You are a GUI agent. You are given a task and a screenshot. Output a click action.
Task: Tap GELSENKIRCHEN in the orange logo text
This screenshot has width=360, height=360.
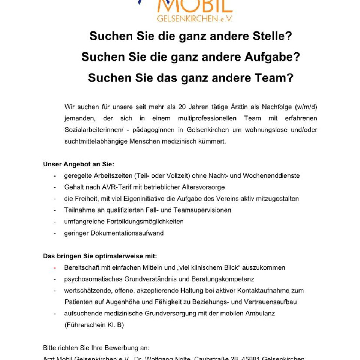(x=187, y=18)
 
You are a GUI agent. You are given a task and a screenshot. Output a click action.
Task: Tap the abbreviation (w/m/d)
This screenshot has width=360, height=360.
(x=306, y=107)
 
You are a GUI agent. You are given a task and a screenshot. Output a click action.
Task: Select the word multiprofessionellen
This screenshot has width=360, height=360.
(x=202, y=118)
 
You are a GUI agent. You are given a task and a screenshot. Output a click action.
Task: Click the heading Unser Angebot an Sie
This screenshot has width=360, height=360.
(x=78, y=164)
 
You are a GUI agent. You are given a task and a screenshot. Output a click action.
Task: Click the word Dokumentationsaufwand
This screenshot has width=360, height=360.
(x=132, y=233)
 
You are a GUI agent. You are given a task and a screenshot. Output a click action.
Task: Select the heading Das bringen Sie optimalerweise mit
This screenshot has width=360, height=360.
(x=100, y=256)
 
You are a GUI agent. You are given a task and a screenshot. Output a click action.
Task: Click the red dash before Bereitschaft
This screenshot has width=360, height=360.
(x=55, y=268)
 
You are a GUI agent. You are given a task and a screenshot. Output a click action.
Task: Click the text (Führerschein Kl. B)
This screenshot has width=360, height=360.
(x=94, y=325)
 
